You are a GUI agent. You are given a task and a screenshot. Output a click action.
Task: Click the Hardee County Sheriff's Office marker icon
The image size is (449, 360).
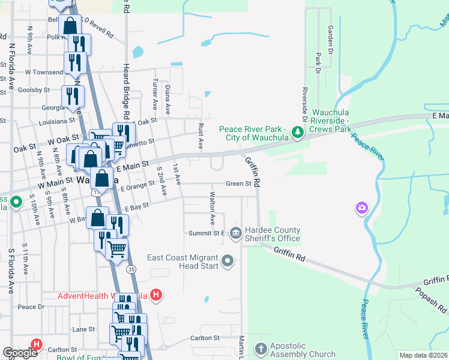235,232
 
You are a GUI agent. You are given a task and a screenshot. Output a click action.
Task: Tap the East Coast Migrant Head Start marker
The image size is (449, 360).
228,260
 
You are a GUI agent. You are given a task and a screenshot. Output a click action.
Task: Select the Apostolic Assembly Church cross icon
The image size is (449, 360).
261,348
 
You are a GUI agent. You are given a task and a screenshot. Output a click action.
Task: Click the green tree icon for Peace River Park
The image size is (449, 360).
296,131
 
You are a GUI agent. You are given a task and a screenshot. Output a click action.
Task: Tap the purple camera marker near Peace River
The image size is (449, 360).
361,208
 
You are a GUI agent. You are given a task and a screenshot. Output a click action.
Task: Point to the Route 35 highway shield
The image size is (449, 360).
131,270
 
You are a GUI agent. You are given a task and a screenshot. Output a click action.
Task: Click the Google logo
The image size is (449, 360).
20,353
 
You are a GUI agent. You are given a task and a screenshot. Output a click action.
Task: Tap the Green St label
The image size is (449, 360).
238,184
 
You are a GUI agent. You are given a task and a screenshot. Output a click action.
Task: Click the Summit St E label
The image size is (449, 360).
206,233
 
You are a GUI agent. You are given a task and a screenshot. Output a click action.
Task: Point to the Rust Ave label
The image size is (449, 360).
200,137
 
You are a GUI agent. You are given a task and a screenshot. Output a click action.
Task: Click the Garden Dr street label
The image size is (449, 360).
330,37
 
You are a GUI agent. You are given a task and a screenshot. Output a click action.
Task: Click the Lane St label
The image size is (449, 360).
83,329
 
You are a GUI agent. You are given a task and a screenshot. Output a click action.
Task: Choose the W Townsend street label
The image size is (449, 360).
43,72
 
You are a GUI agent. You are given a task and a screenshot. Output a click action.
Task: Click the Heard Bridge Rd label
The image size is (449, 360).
127,90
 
